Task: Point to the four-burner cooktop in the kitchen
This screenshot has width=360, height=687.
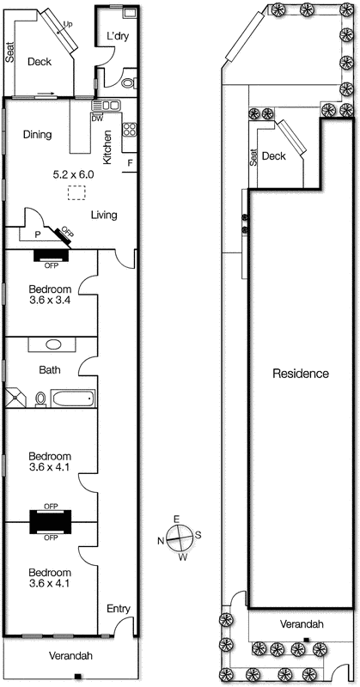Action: tap(130, 131)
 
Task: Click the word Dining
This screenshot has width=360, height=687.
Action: tap(38, 135)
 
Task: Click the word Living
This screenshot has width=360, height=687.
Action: tap(104, 215)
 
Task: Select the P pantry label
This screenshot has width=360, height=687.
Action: tap(37, 233)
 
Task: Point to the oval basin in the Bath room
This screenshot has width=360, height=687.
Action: tap(53, 344)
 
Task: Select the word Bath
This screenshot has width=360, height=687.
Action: tap(49, 371)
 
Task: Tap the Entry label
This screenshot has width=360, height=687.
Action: tap(118, 609)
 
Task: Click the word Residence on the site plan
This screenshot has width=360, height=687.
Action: tap(301, 374)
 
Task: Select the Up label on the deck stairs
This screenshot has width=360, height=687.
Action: tap(68, 25)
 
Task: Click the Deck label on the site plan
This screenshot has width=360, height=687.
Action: tap(273, 155)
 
